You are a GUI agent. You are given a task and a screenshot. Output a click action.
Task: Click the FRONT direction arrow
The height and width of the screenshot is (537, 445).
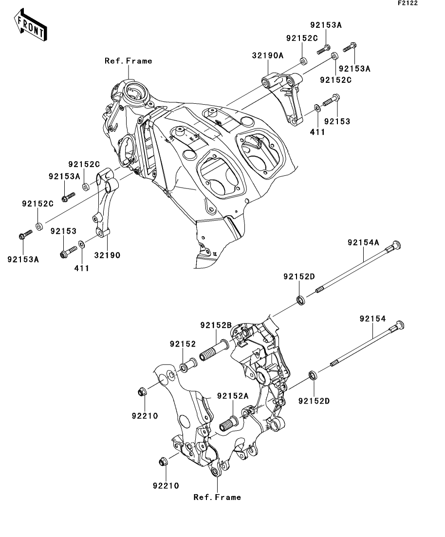[x=30, y=27]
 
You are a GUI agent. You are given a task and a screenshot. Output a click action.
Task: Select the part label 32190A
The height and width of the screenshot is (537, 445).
[x=267, y=56]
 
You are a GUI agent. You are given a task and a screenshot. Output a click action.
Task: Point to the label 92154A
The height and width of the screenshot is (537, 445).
[x=363, y=242]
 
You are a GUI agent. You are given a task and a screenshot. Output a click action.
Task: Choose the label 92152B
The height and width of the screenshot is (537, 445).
[x=216, y=325]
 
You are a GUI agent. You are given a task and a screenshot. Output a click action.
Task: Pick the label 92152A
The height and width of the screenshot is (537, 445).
[x=233, y=396]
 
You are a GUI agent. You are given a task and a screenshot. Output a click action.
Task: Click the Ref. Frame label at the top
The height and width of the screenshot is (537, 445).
[x=128, y=61]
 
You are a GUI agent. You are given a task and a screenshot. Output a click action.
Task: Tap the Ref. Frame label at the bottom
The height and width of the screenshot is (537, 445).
[x=217, y=497]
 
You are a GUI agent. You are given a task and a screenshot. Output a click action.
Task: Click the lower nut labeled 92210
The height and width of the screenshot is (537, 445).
[x=164, y=461]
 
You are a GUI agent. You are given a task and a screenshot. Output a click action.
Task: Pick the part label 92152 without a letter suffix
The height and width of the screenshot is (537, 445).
[x=183, y=344]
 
